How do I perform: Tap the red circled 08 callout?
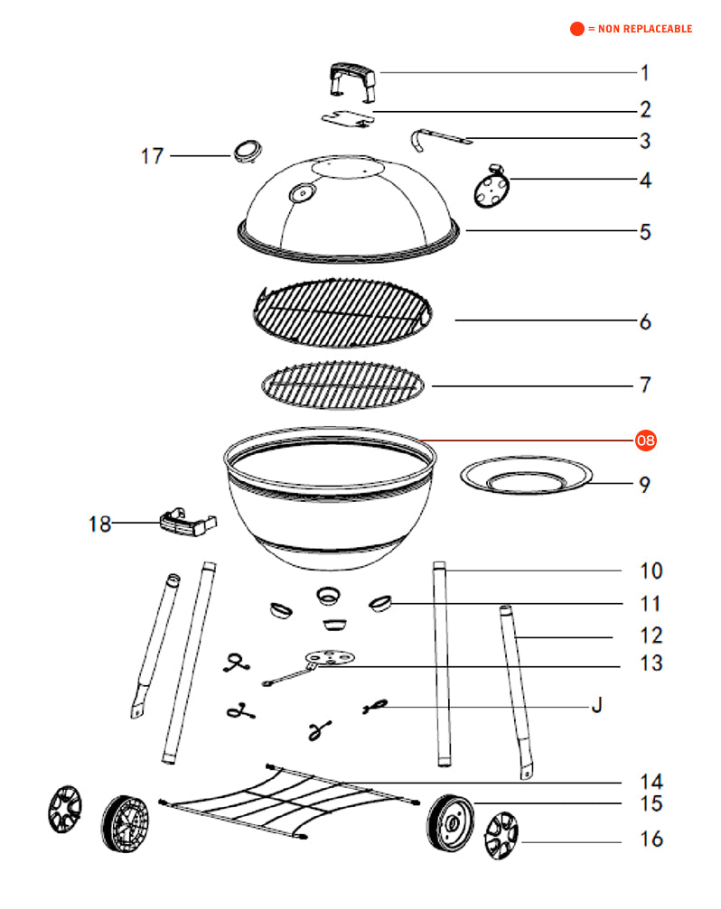coord(645,441)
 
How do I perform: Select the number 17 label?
coord(153,156)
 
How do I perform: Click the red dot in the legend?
coord(576,28)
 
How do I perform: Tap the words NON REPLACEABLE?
coord(645,29)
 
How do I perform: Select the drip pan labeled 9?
coord(526,476)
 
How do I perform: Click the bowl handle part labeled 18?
coord(188,522)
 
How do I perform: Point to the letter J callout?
coord(597,705)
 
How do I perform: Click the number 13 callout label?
coord(651,663)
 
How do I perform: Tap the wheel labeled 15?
coord(450,823)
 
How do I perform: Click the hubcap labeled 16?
coord(501,836)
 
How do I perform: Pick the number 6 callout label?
coord(645,322)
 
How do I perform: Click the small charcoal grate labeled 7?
coord(342,385)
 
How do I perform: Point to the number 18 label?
coord(99,524)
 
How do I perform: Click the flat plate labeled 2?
coord(348,119)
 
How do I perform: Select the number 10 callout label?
coord(651,571)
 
